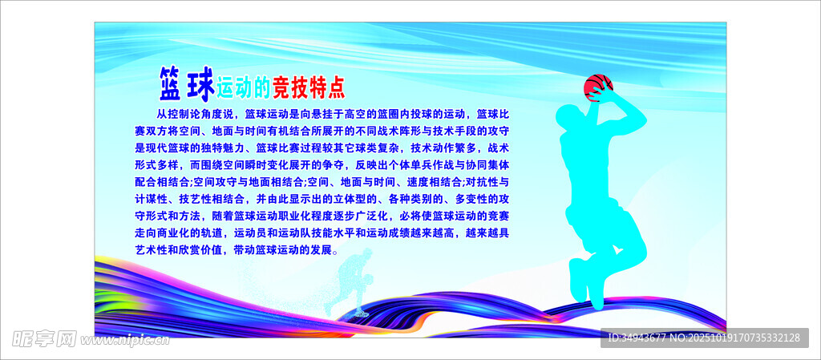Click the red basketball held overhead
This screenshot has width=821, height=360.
click(598, 87)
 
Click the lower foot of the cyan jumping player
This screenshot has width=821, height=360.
click(597, 296)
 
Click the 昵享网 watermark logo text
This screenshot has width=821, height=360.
click(44, 340)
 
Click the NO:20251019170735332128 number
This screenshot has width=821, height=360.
click(736, 338)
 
